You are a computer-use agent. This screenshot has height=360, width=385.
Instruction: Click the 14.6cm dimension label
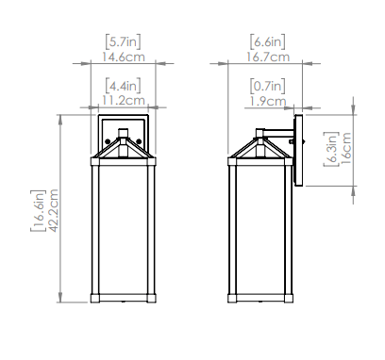coord(124,57)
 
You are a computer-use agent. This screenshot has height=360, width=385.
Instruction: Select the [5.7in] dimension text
coord(123,41)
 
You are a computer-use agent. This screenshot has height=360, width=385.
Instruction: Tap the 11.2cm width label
coord(124,101)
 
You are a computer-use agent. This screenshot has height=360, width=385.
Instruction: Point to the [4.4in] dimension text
coord(123,86)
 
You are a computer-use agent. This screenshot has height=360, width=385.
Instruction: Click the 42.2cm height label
coord(54,210)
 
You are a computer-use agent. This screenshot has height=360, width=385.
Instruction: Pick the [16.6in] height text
coord(38,210)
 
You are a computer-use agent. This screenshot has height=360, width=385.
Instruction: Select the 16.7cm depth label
coord(268,57)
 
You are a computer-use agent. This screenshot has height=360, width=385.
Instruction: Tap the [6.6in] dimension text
coord(268,41)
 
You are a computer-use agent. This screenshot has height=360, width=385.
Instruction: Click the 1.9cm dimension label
coord(268,102)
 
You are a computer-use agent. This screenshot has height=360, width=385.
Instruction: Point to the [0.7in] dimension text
coord(268,86)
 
